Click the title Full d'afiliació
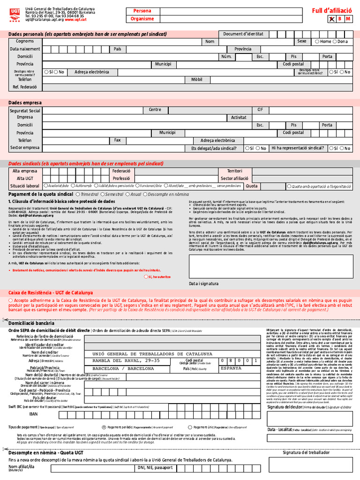coord(332,10)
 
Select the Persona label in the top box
coord(142,11)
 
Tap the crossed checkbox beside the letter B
coord(332,19)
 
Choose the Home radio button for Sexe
coord(317,42)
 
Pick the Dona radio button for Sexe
coord(335,42)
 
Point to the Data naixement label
coord(25,49)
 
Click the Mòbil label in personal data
coord(196,79)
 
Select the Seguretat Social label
coord(25,110)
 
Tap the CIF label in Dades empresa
coord(260,110)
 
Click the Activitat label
coord(239,118)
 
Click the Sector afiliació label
coord(234,179)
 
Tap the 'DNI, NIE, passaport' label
coord(155,467)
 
